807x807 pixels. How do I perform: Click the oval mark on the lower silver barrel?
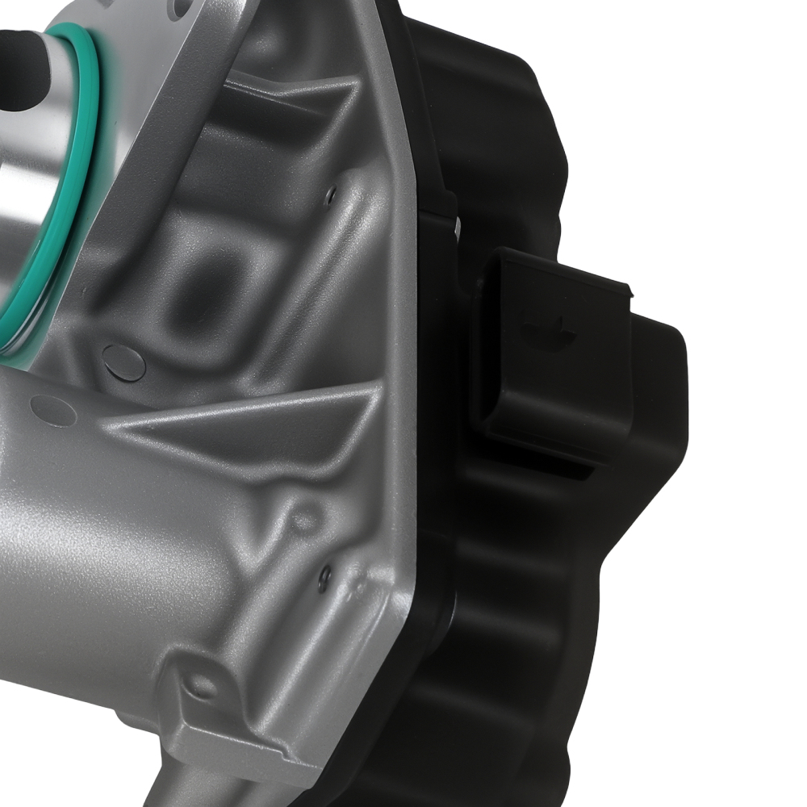click(52, 411)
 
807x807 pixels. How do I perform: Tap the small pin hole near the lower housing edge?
click(324, 576)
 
